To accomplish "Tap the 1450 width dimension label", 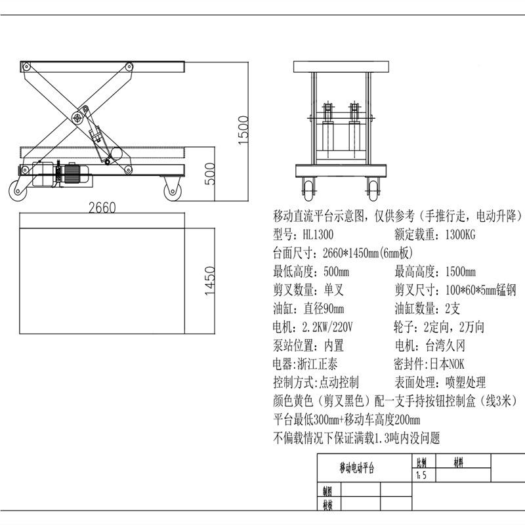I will point(210,282).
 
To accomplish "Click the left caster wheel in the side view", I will point(18,190).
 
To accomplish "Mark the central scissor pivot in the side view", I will point(77,117).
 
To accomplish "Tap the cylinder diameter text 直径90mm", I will point(324,308).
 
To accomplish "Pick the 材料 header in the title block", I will point(459,462).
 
